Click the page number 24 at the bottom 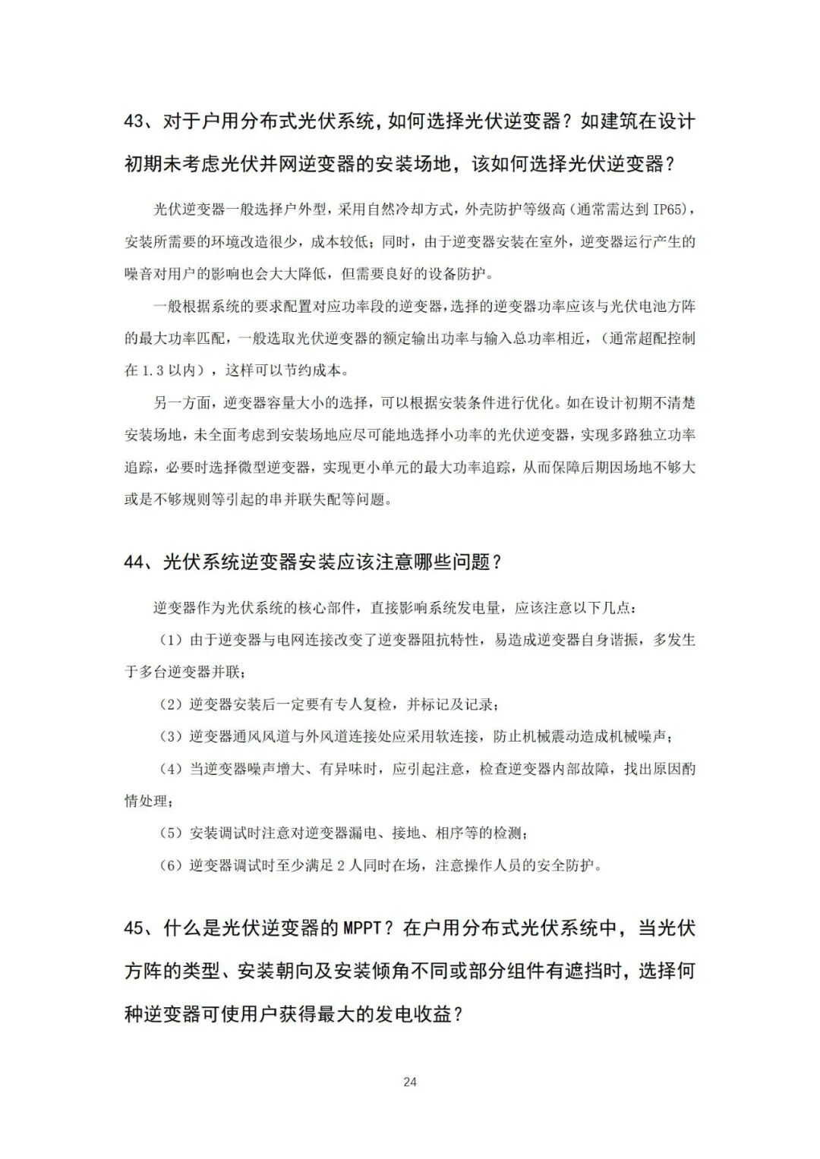point(410,1082)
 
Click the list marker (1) point(170,640)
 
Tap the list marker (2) point(170,704)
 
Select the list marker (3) point(170,736)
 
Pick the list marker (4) point(170,769)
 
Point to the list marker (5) point(170,833)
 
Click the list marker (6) point(170,865)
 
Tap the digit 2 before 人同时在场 point(341,865)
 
